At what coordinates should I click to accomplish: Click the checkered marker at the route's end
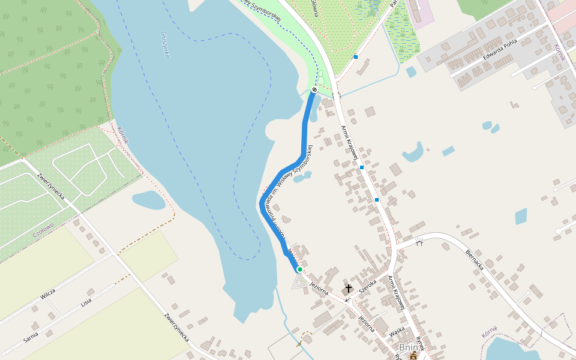[x=314, y=89]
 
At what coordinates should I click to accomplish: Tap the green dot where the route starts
[x=299, y=269]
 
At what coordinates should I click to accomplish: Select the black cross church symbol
[x=349, y=289]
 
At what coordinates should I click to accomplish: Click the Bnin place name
[x=408, y=348]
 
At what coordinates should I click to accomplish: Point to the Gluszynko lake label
[x=165, y=45]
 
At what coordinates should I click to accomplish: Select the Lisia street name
[x=86, y=302]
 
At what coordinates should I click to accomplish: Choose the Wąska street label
[x=397, y=329]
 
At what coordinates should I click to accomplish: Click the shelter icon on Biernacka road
[x=419, y=242]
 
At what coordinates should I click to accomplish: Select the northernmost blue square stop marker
[x=356, y=57]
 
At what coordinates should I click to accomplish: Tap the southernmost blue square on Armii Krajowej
[x=377, y=199]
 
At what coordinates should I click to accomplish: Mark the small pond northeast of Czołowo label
[x=148, y=200]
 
